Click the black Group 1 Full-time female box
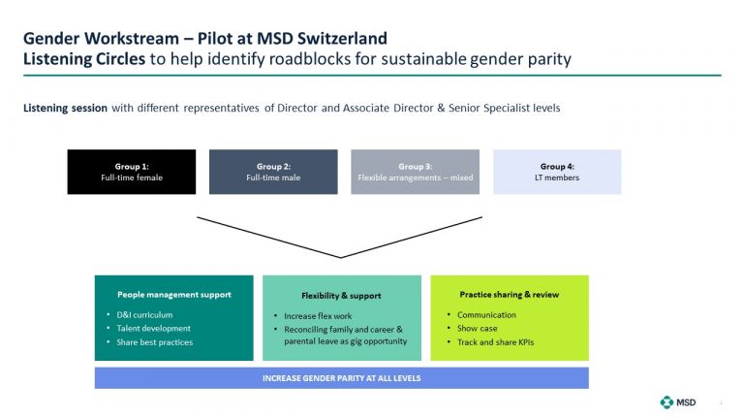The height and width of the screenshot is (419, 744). (132, 172)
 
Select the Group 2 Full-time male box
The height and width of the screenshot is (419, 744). (273, 172)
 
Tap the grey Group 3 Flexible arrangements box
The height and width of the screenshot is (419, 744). (416, 172)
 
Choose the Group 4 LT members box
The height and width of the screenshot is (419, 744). (557, 172)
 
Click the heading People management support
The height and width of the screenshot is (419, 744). (174, 295)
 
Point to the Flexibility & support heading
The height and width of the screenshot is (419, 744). (341, 296)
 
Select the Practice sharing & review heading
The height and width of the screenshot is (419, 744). (510, 295)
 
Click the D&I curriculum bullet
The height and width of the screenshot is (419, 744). (144, 315)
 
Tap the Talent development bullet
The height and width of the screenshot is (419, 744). (153, 328)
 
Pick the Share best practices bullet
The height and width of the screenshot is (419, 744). (155, 342)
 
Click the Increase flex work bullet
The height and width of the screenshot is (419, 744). (318, 316)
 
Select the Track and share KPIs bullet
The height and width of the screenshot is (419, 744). (495, 342)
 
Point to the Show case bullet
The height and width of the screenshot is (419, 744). (477, 328)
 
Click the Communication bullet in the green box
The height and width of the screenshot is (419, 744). (486, 315)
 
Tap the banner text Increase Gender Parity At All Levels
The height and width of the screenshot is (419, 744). (342, 378)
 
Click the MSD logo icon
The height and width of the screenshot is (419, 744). (666, 403)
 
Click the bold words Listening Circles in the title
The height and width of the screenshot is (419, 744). (84, 59)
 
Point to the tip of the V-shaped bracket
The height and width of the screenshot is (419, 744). (341, 257)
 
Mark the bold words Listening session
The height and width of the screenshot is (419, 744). (65, 109)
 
